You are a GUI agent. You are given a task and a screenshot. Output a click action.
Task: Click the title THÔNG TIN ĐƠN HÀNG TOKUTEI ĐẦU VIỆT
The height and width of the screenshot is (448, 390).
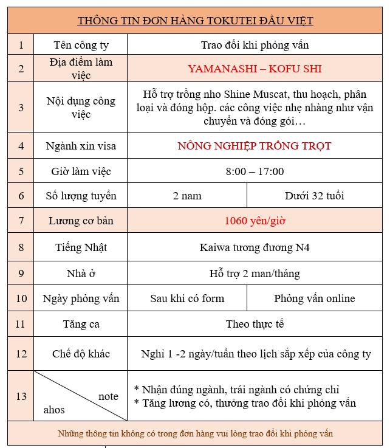195,21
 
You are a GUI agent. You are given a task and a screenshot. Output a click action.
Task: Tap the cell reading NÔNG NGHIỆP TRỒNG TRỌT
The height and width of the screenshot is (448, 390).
255,146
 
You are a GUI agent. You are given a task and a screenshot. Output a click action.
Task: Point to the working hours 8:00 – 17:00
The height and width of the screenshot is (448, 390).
255,171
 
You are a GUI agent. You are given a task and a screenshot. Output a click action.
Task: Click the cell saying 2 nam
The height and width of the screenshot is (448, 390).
187,196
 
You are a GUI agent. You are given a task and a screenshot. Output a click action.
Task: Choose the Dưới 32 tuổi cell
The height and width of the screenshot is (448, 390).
314,196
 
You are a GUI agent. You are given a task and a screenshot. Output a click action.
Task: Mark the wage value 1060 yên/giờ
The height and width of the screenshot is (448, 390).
255,221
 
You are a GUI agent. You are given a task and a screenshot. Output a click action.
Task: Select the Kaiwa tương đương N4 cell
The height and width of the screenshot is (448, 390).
255,247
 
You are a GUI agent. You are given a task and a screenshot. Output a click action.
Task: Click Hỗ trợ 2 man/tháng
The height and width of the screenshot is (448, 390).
255,274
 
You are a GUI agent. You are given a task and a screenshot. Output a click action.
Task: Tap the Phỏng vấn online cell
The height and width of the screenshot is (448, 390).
314,298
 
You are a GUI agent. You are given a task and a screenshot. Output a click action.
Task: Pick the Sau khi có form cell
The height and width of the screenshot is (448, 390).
187,298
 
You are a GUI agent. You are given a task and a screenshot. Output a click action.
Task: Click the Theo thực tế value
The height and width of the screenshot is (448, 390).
255,324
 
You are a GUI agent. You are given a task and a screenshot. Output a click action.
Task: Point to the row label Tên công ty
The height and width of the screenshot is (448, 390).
81,44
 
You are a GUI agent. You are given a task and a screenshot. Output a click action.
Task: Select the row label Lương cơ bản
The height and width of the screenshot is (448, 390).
81,221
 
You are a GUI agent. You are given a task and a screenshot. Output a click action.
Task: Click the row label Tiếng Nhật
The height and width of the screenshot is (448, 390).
81,247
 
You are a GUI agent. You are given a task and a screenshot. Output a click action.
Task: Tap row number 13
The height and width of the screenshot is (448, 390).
21,396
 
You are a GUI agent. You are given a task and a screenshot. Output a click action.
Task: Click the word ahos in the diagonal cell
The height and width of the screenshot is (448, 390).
54,410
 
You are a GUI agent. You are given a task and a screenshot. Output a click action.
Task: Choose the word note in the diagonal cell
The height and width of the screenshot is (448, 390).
108,396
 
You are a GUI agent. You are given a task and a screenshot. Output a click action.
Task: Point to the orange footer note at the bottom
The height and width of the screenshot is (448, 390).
195,434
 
